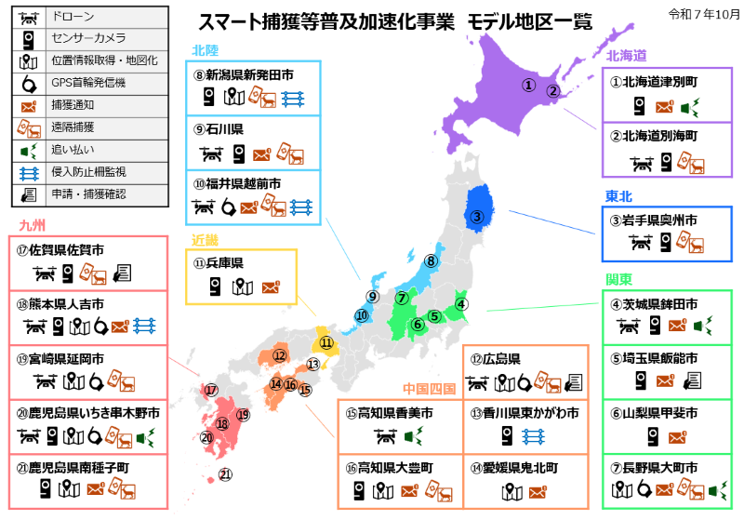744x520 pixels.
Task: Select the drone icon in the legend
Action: point(28,18)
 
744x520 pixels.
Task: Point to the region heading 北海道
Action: point(627,56)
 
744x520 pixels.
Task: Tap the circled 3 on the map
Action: point(476,219)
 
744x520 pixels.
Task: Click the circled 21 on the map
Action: point(224,474)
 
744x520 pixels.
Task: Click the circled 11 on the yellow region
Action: point(326,342)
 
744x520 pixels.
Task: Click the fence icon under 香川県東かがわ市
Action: point(534,436)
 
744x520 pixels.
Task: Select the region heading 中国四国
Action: point(430,388)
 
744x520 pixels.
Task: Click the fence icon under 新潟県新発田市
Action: point(292,98)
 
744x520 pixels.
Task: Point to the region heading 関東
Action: point(619,279)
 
